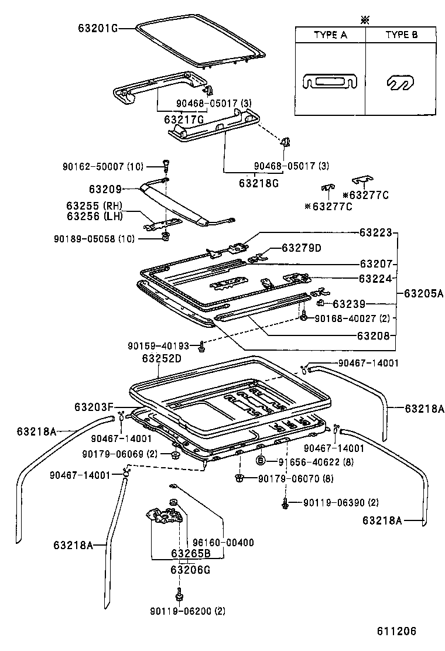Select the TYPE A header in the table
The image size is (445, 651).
point(330,35)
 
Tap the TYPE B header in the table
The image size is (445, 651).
point(401,35)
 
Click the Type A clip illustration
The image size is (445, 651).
point(330,82)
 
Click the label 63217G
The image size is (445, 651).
point(183,119)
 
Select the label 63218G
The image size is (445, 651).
point(258,183)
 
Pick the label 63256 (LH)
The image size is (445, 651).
point(94,217)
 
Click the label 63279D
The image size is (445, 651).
point(301,248)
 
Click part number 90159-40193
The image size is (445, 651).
point(159,346)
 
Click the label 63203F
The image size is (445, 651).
point(94,406)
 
